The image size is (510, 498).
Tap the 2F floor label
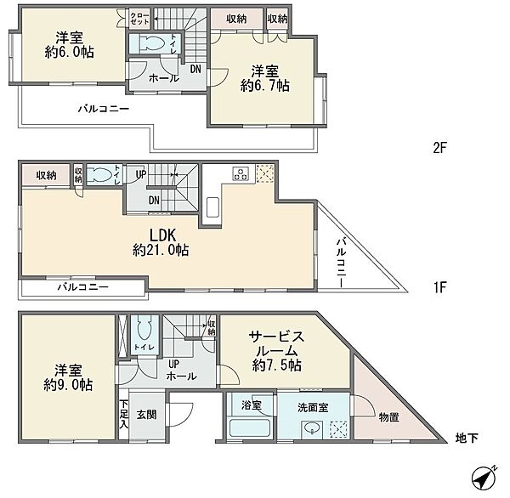[x=439, y=149]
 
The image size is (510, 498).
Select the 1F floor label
[x=439, y=287]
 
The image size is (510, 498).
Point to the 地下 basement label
[x=467, y=439]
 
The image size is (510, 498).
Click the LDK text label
[x=162, y=235]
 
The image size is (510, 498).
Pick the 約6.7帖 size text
[x=264, y=86]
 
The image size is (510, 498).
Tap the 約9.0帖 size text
[x=68, y=385]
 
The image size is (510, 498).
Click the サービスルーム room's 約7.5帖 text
[x=277, y=365]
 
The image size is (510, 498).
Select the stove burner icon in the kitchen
[x=241, y=173]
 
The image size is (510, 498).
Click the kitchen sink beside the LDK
[x=212, y=207]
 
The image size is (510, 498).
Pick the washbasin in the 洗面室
[x=312, y=429]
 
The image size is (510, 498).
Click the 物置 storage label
[x=389, y=417]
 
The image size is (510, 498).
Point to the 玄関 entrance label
[x=147, y=415]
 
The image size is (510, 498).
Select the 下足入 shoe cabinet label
[x=123, y=415]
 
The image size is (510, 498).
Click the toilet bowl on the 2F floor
[x=151, y=43]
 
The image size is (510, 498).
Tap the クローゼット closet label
[x=139, y=19]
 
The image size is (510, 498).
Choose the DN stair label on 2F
[x=195, y=69]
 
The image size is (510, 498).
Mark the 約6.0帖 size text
[x=70, y=52]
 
